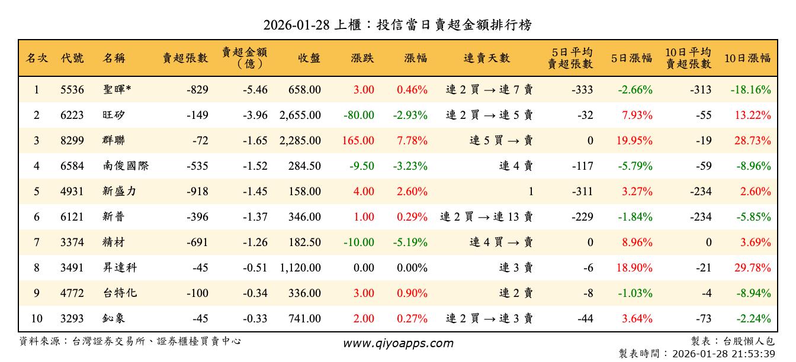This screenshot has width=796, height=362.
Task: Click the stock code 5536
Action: pyautogui.click(x=72, y=90)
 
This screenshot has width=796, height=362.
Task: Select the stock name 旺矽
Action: pyautogui.click(x=114, y=115)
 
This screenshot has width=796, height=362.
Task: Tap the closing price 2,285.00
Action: pyautogui.click(x=300, y=141)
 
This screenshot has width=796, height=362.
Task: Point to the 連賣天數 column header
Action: pyautogui.click(x=486, y=58)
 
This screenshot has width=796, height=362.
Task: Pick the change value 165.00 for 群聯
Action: pyautogui.click(x=358, y=141)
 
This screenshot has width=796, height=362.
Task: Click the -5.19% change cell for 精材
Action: pyautogui.click(x=410, y=242)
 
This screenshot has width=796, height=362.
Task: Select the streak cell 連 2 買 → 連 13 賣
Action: pyautogui.click(x=486, y=217)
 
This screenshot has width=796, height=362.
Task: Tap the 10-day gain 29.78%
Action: pyautogui.click(x=752, y=268)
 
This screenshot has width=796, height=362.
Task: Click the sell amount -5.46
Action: pyautogui.click(x=255, y=90)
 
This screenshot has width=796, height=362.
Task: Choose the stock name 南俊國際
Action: pyautogui.click(x=126, y=166)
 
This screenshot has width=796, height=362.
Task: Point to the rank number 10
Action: pyautogui.click(x=37, y=319)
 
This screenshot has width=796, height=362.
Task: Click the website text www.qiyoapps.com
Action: pyautogui.click(x=398, y=343)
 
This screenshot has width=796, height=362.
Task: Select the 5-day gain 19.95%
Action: pyautogui.click(x=634, y=141)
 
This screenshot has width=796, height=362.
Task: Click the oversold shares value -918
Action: pyautogui.click(x=197, y=192)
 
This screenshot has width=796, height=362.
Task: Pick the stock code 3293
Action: pyautogui.click(x=72, y=319)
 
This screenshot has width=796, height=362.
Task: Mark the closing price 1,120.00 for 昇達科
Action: pyautogui.click(x=300, y=268)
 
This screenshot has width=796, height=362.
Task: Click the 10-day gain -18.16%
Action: pyautogui.click(x=750, y=90)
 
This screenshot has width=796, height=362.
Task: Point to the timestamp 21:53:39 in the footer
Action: pyautogui.click(x=754, y=354)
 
